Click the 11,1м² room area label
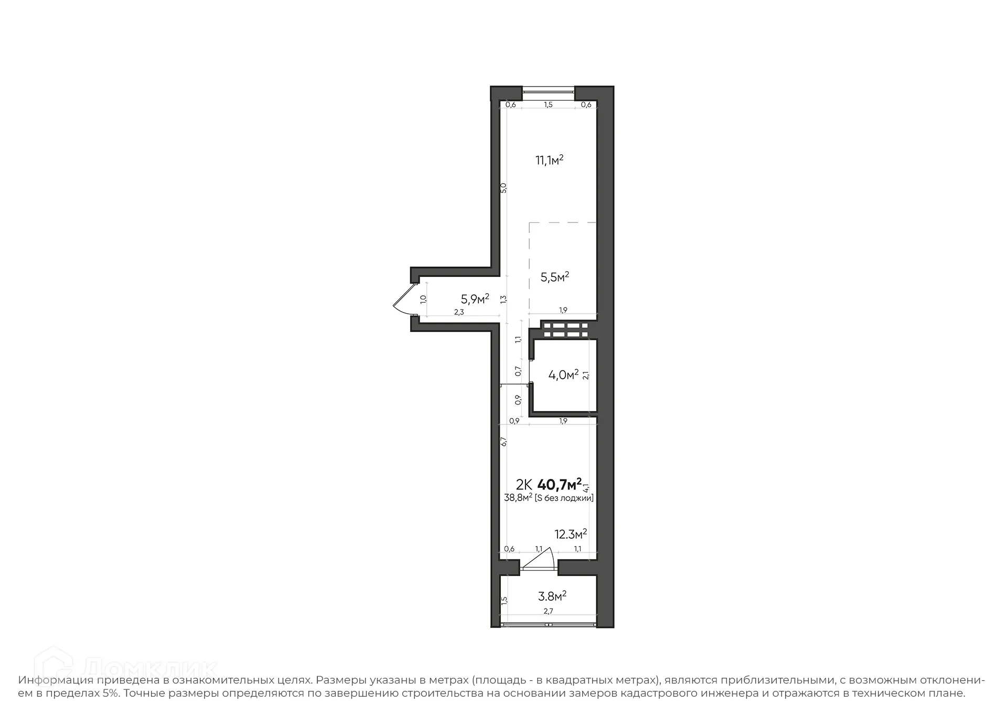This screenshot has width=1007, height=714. pos(549,160)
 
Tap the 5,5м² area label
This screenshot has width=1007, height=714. pos(555,277)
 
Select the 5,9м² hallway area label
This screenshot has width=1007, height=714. pos(475,299)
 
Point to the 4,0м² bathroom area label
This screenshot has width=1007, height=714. pos(563,375)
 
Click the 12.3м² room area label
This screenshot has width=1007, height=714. pos(571,534)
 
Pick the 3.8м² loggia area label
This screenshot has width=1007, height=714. pos(552,596)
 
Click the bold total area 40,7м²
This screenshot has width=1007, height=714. pos(560,483)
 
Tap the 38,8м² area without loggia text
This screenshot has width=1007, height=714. pos(518,498)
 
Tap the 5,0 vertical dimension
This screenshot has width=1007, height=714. pos(504,188)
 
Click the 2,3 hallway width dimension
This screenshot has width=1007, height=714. pos(459,312)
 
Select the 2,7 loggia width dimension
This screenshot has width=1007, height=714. pos(548,611)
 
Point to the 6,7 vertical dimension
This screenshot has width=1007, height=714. pos(504,442)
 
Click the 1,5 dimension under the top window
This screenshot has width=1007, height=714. pos(548,105)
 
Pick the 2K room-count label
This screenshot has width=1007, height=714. pos(524,484)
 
